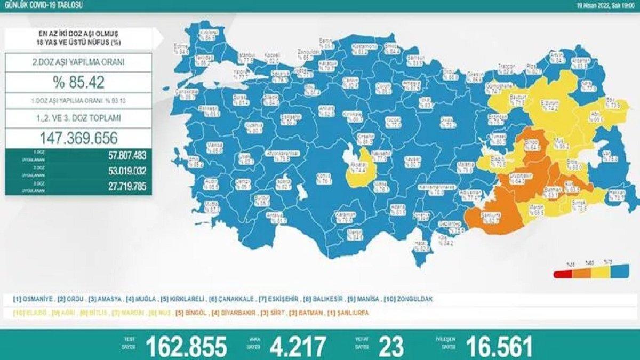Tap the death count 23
(391, 346)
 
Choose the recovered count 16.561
(499, 346)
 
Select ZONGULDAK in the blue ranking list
(411, 299)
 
